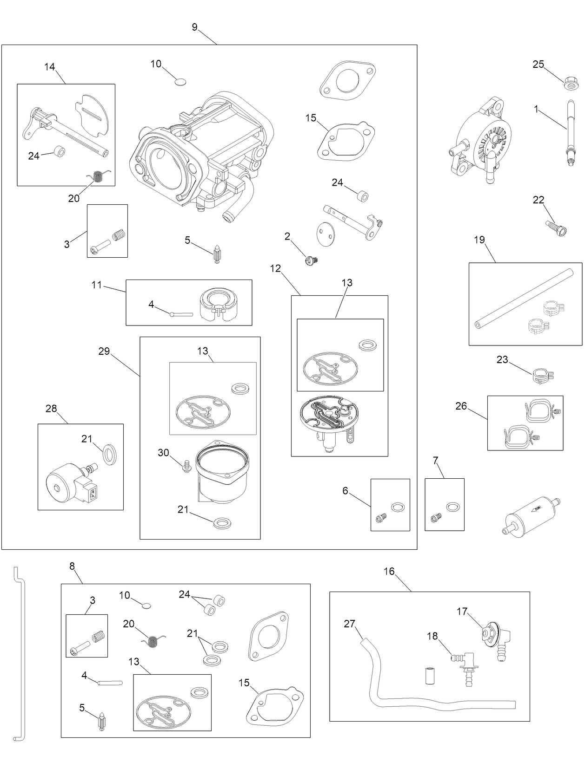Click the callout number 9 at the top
click(x=194, y=27)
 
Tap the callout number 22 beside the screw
click(x=538, y=200)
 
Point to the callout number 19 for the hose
click(x=479, y=240)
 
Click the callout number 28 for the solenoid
click(x=51, y=409)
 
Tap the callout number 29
click(x=104, y=351)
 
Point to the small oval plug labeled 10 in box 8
click(x=146, y=605)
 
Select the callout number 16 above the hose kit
click(x=389, y=572)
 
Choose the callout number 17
click(x=462, y=612)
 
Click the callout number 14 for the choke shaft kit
click(x=50, y=67)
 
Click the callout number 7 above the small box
click(x=436, y=461)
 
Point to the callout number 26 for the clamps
click(x=461, y=406)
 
